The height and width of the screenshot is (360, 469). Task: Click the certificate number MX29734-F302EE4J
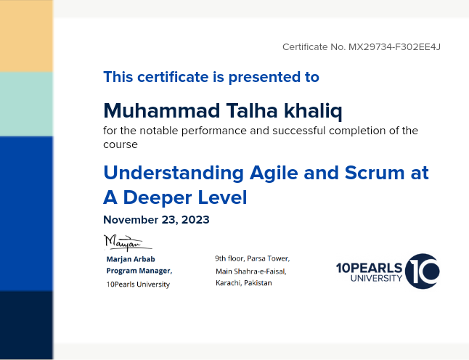(394, 47)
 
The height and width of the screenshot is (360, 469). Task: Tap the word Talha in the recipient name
(252, 110)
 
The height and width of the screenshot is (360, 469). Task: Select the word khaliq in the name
(313, 111)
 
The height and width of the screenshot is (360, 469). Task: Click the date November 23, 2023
(156, 220)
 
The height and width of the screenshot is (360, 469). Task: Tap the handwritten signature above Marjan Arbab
(128, 242)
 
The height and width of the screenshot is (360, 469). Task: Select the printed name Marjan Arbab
(131, 259)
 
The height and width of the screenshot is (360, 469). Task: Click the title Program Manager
(139, 271)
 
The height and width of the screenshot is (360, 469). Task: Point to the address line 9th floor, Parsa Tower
(253, 258)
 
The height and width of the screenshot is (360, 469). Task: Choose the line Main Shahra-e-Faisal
(251, 271)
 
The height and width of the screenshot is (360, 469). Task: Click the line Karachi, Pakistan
(244, 283)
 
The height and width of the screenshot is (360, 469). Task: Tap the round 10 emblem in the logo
(423, 271)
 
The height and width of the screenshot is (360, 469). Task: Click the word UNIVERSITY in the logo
(376, 279)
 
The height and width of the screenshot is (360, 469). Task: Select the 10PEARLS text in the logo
(369, 268)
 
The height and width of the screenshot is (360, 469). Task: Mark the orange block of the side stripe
(26, 36)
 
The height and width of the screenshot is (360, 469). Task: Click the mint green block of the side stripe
(26, 104)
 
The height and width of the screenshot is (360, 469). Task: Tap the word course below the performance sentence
(121, 144)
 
